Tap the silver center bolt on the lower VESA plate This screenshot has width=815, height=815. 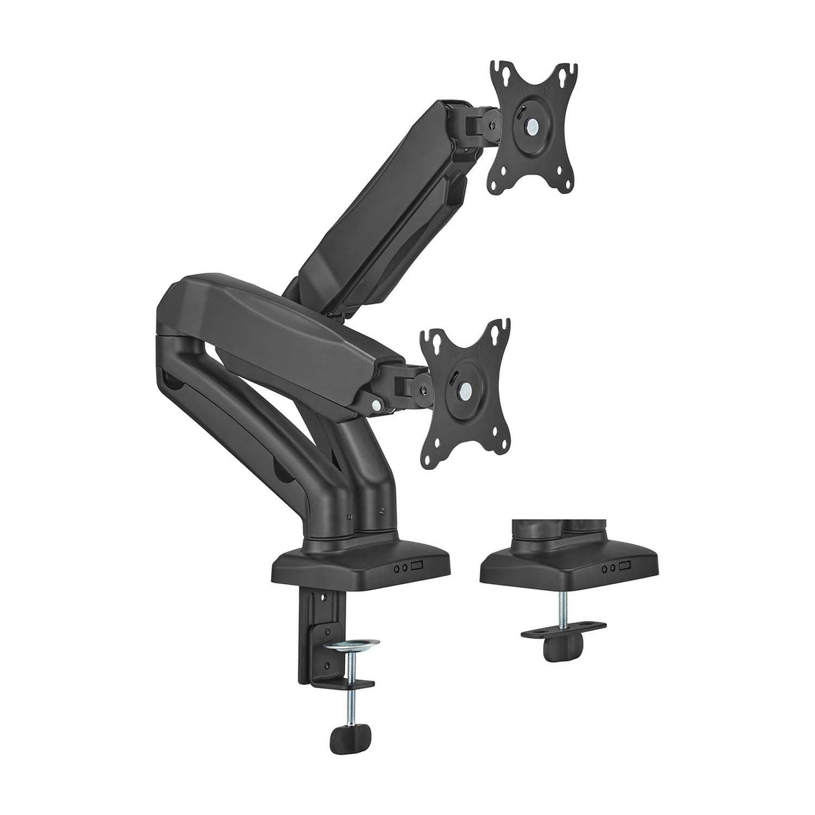tap(464, 389)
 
